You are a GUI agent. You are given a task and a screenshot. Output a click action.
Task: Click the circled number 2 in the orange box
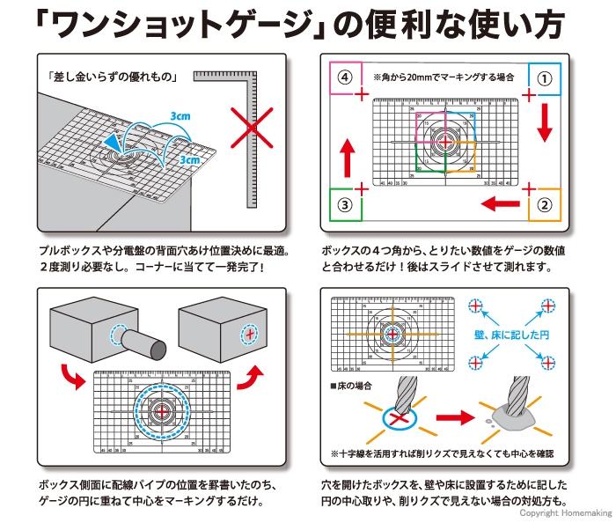click(x=545, y=206)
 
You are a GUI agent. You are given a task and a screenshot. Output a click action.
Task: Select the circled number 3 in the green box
click(x=345, y=206)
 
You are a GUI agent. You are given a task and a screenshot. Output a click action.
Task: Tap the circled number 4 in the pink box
click(x=345, y=77)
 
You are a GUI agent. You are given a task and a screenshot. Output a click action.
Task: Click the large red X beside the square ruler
click(x=251, y=131)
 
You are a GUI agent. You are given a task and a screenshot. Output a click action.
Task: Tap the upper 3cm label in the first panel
click(x=180, y=116)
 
